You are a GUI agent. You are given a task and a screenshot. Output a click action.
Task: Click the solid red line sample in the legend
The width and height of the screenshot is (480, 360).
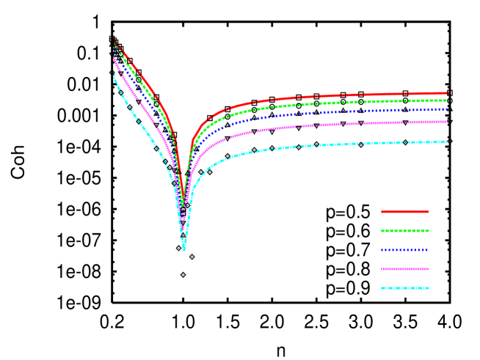tap(404, 212)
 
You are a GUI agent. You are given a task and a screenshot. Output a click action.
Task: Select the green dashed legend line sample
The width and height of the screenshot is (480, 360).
tap(404, 231)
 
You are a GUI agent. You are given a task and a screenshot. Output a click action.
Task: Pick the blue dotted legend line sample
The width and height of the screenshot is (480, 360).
tap(404, 250)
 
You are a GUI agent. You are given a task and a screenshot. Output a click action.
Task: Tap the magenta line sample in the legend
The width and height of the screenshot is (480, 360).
tap(404, 269)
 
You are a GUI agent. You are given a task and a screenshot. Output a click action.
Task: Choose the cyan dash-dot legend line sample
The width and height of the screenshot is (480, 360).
tap(404, 288)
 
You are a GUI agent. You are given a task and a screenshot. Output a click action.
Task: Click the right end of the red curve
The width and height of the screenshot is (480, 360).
tap(447, 93)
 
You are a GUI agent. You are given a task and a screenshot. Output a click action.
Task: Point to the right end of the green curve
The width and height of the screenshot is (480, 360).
tap(447, 100)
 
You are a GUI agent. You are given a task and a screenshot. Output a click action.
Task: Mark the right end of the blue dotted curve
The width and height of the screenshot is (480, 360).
tap(447, 109)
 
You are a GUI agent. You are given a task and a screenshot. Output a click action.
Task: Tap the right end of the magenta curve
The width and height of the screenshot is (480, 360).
tap(447, 122)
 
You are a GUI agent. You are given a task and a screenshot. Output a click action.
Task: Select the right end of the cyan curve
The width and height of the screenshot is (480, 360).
tap(447, 142)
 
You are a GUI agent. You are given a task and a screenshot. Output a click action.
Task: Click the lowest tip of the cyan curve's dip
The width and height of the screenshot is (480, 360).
tap(183, 249)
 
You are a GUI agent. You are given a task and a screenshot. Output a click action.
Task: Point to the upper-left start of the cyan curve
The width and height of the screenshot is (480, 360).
tap(114, 75)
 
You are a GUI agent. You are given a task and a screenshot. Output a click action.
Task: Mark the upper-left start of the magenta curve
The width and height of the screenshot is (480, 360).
tap(114, 56)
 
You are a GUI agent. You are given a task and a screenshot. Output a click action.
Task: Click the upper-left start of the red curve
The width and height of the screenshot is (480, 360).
tap(114, 38)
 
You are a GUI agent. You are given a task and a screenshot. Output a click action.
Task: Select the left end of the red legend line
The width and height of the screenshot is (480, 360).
tap(382, 212)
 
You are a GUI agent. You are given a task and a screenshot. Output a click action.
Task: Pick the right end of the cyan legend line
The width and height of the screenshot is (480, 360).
tap(429, 288)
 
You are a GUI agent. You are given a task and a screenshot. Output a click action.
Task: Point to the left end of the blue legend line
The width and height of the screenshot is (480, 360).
tap(382, 250)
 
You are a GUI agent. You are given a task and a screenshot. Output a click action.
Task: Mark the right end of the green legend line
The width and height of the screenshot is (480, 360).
tap(429, 231)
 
